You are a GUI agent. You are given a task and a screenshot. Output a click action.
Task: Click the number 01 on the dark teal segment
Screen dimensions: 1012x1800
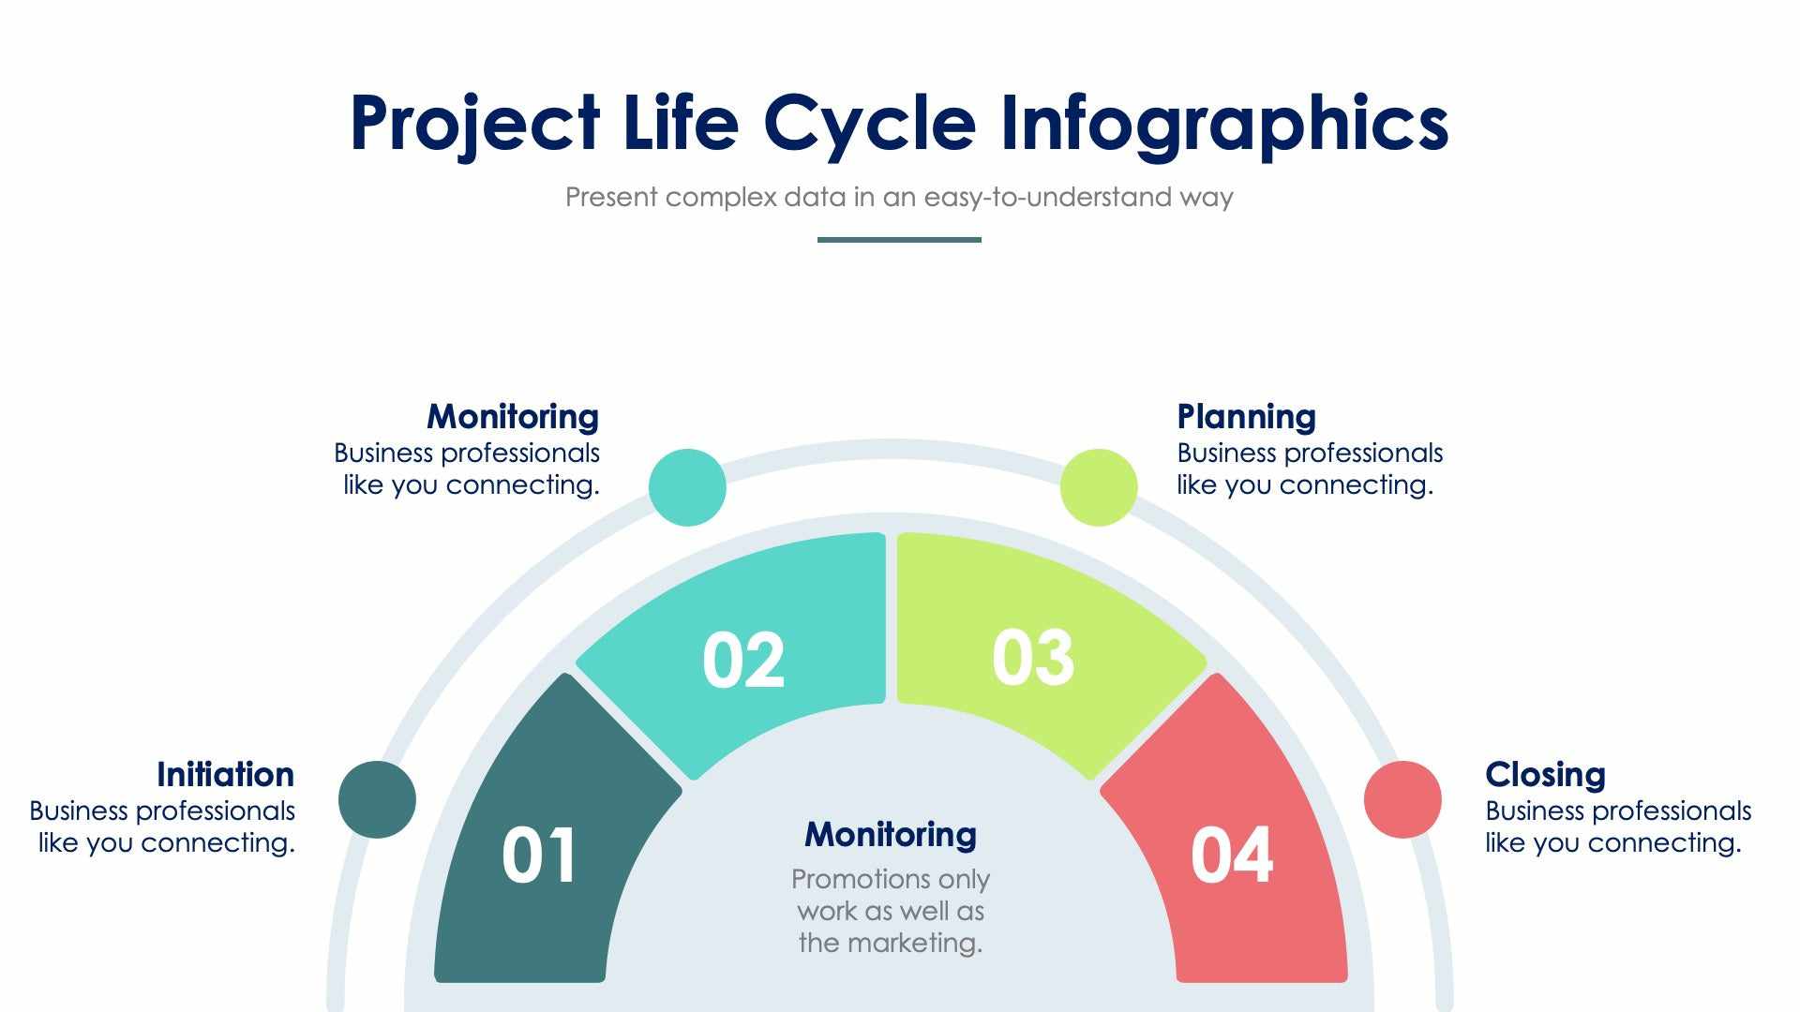pyautogui.click(x=539, y=856)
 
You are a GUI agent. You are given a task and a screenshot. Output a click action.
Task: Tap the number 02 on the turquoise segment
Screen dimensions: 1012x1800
pyautogui.click(x=743, y=661)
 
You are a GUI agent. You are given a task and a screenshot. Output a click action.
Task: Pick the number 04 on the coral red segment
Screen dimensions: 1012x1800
pyautogui.click(x=1232, y=856)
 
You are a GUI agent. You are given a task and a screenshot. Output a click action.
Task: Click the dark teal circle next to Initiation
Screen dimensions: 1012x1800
pyautogui.click(x=377, y=799)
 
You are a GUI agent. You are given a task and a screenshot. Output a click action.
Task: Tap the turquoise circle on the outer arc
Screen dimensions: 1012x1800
pyautogui.click(x=687, y=487)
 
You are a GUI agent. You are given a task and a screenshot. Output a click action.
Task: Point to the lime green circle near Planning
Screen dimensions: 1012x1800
pyautogui.click(x=1099, y=487)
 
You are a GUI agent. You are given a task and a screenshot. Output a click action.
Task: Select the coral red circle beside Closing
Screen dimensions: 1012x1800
pyautogui.click(x=1402, y=799)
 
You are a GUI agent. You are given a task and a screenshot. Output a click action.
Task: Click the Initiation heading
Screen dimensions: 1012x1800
pyautogui.click(x=225, y=775)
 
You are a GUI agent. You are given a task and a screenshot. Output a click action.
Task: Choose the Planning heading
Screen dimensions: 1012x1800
pyautogui.click(x=1246, y=417)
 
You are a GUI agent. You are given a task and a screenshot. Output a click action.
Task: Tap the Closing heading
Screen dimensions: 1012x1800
pyautogui.click(x=1545, y=775)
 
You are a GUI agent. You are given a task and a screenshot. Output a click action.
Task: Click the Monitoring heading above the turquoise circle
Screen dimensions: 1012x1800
pyautogui.click(x=513, y=417)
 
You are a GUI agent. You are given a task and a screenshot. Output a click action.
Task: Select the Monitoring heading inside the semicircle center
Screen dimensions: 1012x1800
pyautogui.click(x=891, y=834)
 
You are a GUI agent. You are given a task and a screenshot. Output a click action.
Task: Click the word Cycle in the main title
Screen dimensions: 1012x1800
pyautogui.click(x=870, y=124)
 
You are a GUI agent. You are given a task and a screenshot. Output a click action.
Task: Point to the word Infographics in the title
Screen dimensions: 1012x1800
pyautogui.click(x=1224, y=124)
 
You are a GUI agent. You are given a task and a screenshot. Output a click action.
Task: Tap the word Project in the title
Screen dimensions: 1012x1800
pyautogui.click(x=474, y=124)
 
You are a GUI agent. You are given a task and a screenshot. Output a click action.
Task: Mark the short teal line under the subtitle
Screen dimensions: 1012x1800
pyautogui.click(x=899, y=240)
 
